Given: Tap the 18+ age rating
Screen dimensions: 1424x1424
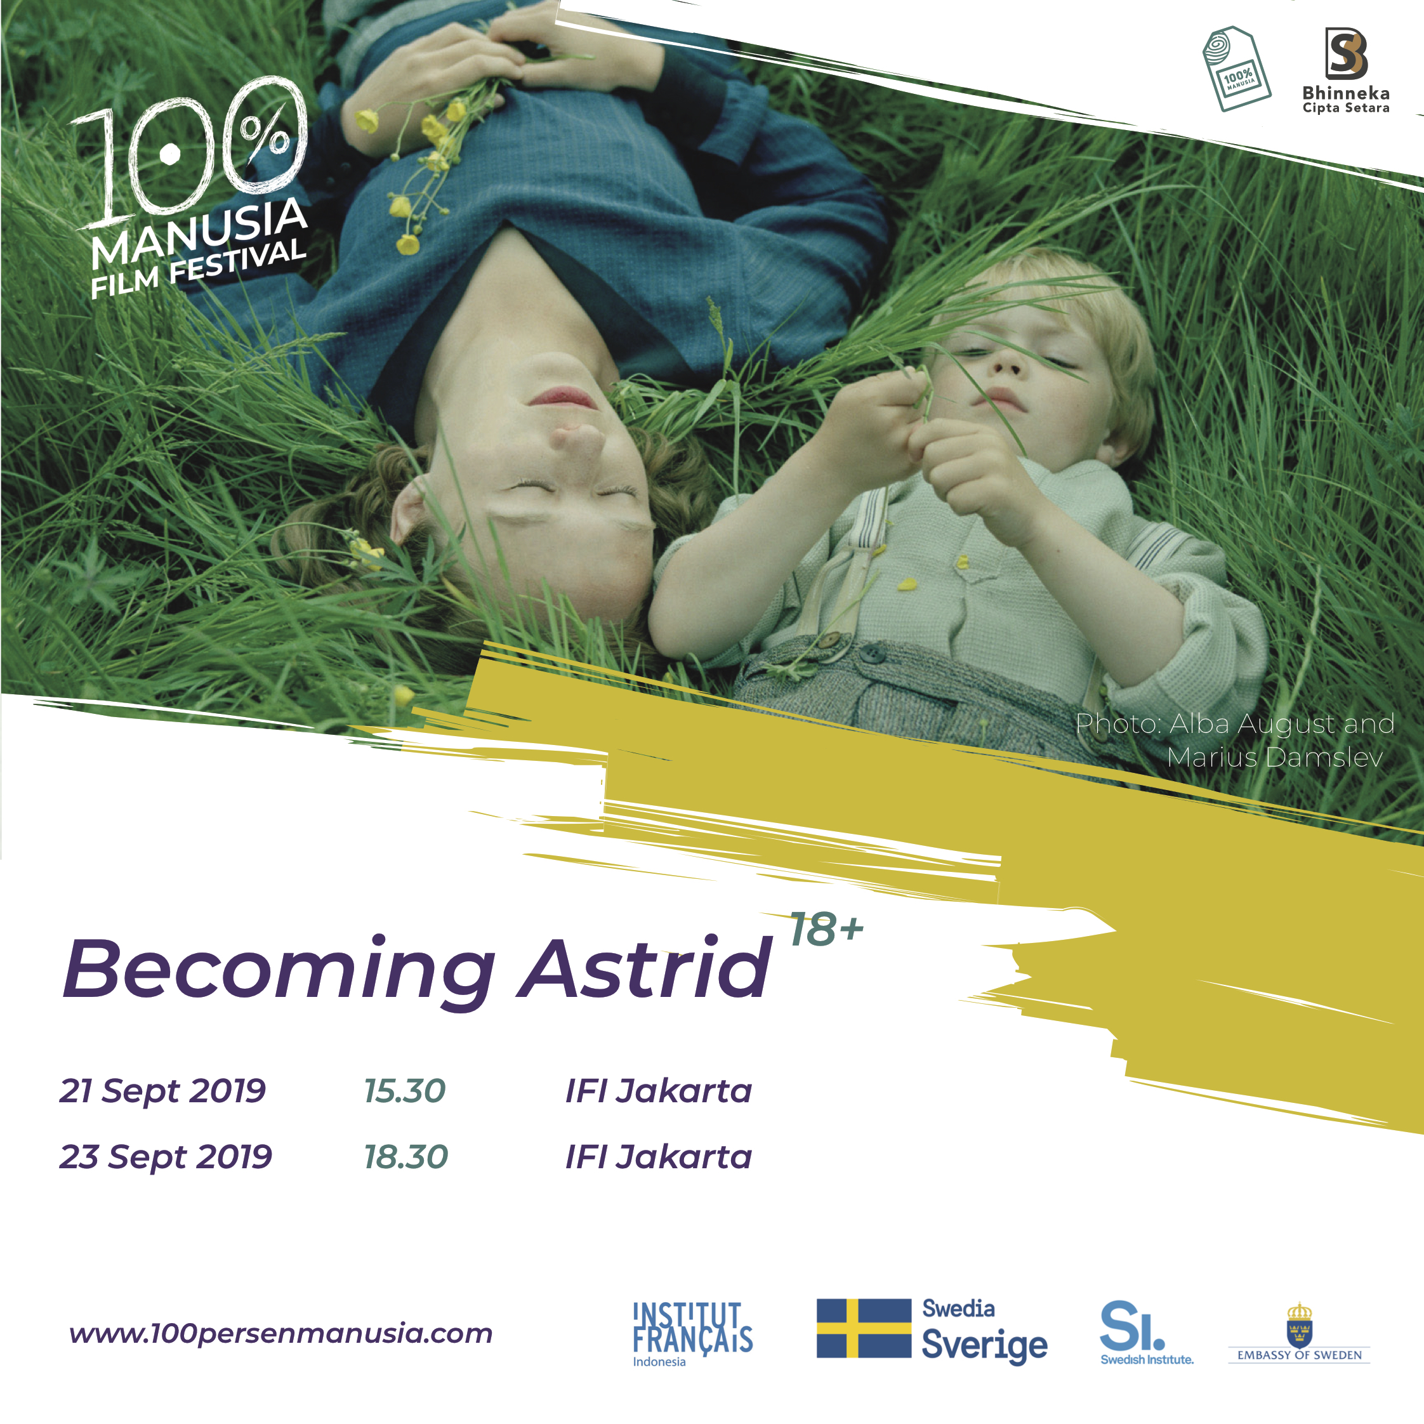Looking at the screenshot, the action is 826,930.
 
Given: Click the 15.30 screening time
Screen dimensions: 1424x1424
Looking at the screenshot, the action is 405,1091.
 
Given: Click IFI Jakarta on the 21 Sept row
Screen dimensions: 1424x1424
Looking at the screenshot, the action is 658,1091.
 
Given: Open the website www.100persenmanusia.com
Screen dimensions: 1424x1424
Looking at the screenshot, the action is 281,1333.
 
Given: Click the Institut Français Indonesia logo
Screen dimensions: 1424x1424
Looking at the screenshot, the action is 693,1334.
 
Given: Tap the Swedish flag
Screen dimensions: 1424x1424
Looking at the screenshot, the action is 864,1328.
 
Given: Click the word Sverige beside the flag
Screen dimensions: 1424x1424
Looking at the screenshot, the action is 985,1345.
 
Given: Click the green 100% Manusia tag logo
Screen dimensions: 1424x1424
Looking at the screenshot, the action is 1236,69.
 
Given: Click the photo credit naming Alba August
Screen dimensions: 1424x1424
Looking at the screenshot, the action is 1236,740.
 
